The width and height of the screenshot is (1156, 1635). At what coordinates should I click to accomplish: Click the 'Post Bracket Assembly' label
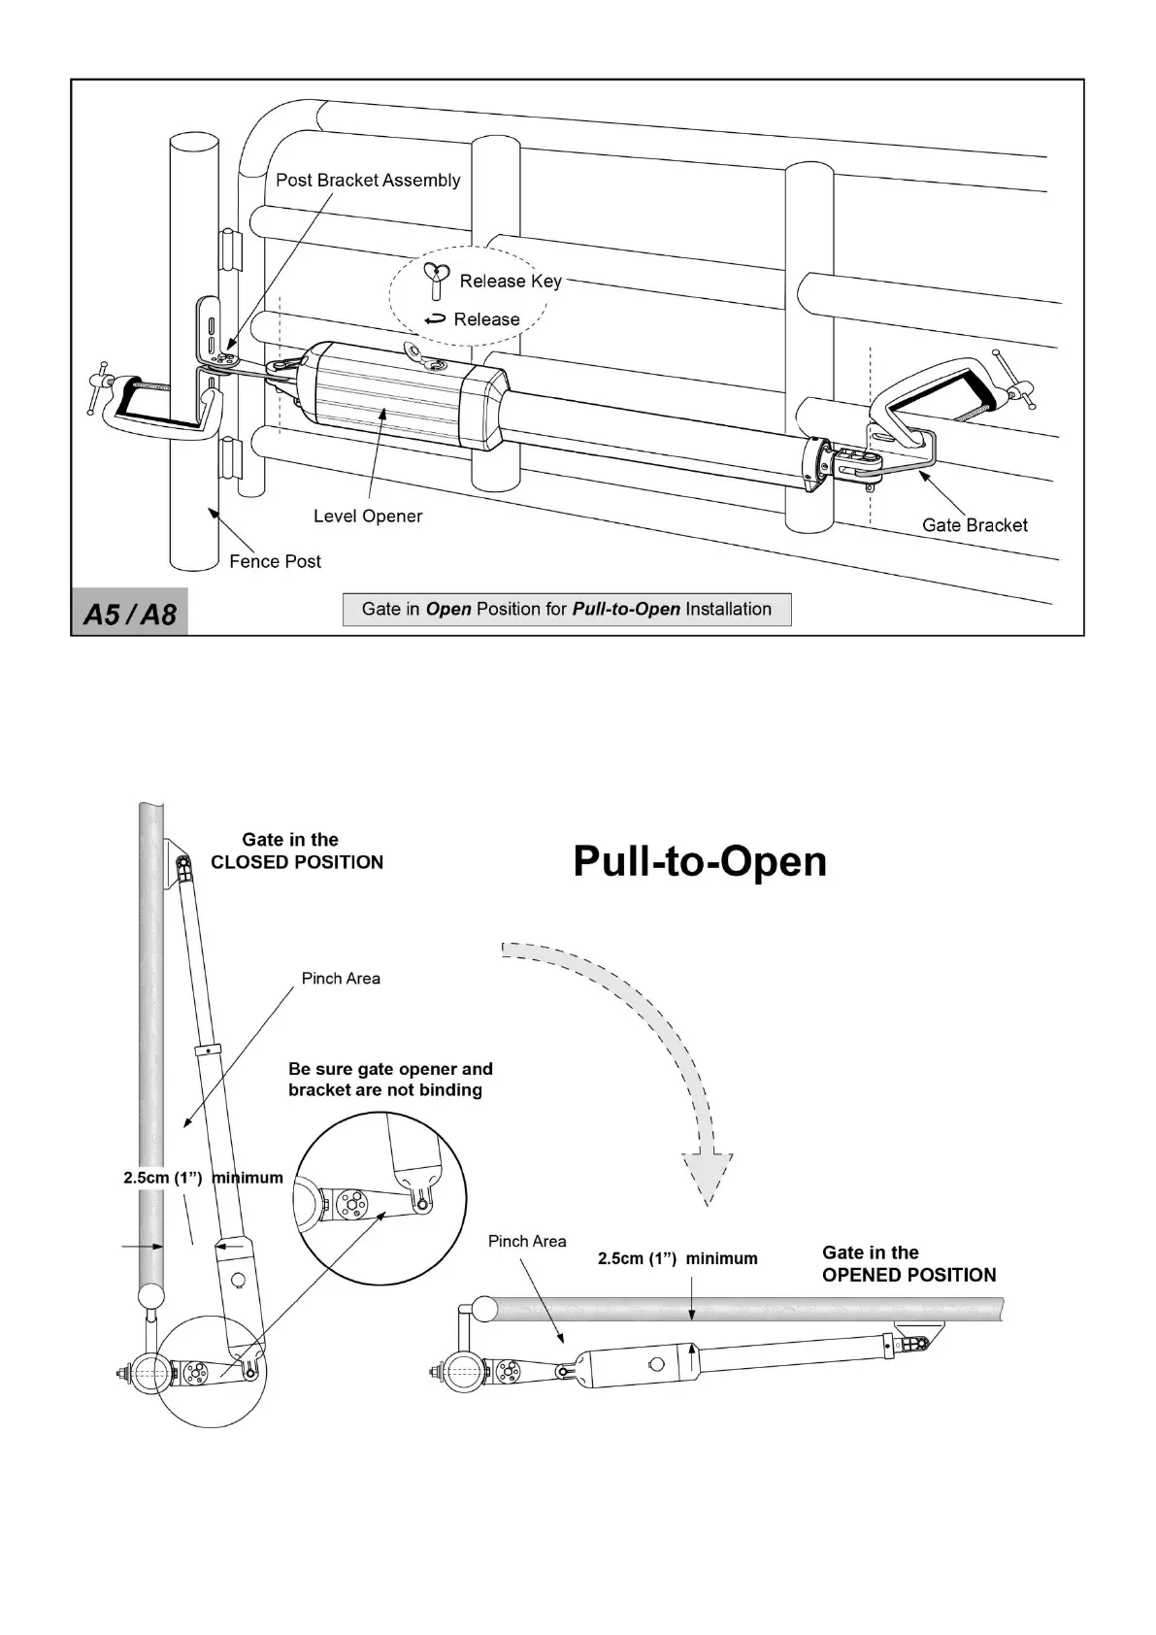pos(368,180)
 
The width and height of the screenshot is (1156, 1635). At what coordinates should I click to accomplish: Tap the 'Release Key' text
pos(511,281)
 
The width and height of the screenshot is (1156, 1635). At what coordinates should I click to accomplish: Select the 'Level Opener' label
pos(368,516)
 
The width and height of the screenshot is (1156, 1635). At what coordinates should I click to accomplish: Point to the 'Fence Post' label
pos(275,561)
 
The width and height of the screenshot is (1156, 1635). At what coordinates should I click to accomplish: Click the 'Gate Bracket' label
pos(974,525)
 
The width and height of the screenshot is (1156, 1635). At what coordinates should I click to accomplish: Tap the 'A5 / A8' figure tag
pos(130,614)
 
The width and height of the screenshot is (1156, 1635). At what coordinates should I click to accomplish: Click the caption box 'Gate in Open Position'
pos(567,609)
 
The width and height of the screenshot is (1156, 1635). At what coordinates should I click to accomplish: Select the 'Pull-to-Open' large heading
pos(700,861)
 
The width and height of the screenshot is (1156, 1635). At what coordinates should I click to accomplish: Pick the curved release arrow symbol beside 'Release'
pos(436,318)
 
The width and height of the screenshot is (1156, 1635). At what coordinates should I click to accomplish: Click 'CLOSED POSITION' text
pos(297,862)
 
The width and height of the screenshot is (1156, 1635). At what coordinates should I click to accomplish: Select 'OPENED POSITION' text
pos(908,1275)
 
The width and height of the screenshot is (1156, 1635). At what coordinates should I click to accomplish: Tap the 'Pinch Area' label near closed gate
pos(341,978)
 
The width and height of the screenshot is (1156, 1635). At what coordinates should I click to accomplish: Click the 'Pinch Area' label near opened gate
pos(527,1241)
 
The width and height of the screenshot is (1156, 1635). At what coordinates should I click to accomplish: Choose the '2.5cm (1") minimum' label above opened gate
pos(677,1258)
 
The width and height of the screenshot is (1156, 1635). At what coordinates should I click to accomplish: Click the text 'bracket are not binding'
pos(385,1090)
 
